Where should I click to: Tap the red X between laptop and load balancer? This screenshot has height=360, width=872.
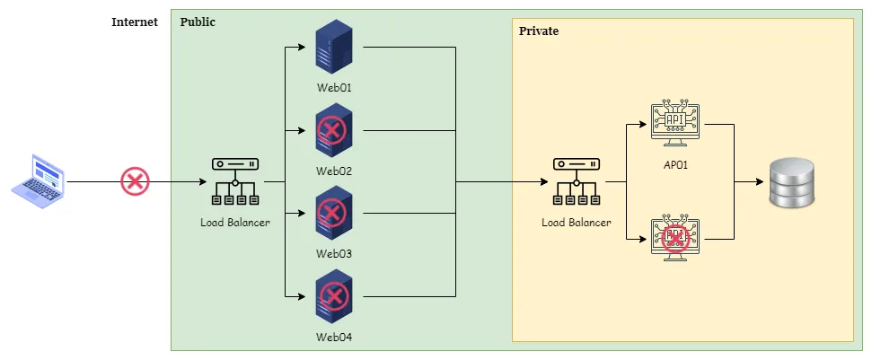(135, 182)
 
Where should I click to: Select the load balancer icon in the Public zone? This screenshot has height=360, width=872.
(235, 181)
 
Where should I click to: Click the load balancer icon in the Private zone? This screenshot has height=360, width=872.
(577, 181)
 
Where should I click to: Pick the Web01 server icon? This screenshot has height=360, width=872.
(333, 48)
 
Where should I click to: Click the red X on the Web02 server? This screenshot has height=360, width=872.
(332, 132)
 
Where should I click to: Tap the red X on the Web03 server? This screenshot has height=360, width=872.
(332, 214)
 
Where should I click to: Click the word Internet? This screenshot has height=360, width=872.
(134, 22)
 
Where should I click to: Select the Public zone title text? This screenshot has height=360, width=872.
(198, 22)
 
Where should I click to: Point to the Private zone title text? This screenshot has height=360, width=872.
(539, 31)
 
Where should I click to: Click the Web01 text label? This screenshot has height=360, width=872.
(333, 88)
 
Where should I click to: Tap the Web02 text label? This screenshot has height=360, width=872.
(333, 171)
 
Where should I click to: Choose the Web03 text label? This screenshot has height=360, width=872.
(333, 253)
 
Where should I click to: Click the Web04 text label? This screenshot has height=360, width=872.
(333, 337)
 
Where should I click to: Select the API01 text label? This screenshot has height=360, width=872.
(674, 165)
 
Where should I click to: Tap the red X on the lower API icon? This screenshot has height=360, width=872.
(675, 237)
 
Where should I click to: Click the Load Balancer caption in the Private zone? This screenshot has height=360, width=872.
(577, 222)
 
